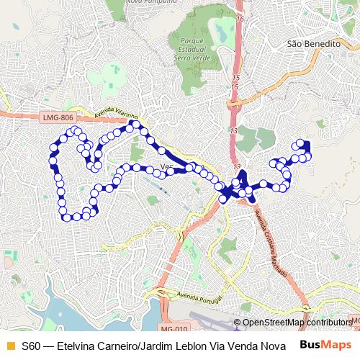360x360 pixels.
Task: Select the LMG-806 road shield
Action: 58,117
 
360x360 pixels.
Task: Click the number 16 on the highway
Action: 240,19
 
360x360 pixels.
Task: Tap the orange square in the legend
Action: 9,346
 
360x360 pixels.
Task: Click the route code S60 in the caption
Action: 31,346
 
